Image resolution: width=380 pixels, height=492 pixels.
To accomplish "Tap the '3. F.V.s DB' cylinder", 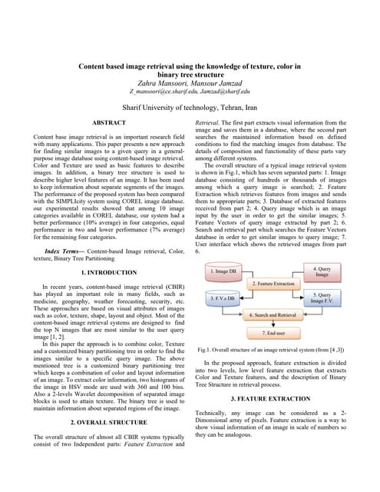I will point(227,297).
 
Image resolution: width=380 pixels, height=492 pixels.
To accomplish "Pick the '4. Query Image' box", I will point(322,271).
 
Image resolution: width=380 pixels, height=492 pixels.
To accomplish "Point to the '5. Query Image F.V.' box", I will point(322,298).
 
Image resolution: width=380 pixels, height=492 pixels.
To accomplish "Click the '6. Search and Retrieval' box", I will point(273,315).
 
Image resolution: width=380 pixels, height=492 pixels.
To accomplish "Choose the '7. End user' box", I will point(273,333).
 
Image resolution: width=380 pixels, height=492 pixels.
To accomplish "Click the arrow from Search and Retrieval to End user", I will point(273,324).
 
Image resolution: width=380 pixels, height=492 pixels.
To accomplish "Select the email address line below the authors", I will point(190,95).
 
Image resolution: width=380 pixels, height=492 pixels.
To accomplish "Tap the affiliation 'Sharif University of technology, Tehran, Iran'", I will point(190,108).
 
